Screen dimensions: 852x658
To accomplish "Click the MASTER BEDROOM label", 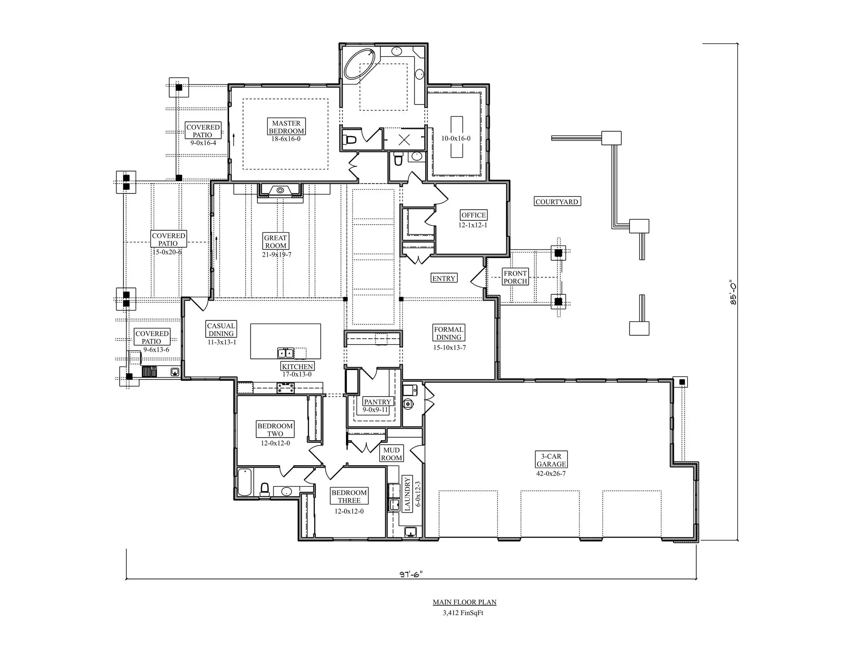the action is point(286,127).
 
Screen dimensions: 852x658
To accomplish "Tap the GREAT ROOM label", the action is point(276,242).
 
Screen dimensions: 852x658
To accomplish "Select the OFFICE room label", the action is point(474,215).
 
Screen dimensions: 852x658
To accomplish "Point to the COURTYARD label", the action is point(557,202).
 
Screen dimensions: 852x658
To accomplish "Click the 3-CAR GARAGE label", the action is point(551,460).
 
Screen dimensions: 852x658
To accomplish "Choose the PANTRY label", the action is point(377,401).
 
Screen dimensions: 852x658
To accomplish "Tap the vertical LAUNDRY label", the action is point(407,494).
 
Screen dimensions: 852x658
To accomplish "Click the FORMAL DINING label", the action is point(449,333).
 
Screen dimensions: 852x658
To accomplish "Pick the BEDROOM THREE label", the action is point(349,496).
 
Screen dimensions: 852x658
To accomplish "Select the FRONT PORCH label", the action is point(515,277).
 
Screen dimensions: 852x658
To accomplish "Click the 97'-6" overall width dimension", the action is point(411,574).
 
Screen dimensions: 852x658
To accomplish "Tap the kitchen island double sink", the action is point(285,353).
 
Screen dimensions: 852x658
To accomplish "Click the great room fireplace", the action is point(280,190).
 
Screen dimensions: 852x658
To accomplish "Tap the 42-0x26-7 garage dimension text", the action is point(551,474).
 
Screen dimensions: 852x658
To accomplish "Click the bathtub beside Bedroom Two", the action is point(245,482).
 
